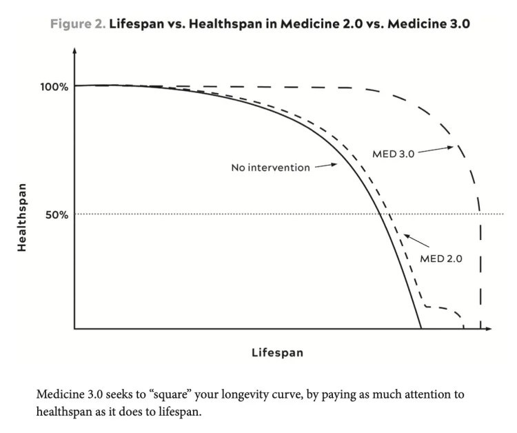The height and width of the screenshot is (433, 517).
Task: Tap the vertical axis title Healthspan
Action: (22, 216)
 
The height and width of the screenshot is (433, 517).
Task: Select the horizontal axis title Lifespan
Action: (277, 352)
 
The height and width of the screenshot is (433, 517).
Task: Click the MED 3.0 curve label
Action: (393, 154)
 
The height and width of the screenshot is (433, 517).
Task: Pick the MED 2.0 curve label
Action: (440, 259)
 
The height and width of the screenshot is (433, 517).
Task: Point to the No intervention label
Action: (270, 168)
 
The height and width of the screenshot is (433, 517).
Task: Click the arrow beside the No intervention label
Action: (326, 165)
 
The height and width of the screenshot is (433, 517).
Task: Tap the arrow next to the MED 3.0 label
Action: (436, 149)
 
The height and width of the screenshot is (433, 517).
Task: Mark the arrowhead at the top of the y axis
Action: (74, 51)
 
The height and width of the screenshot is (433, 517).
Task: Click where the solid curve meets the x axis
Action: (421, 328)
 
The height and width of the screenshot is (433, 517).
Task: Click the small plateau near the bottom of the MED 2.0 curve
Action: (438, 307)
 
